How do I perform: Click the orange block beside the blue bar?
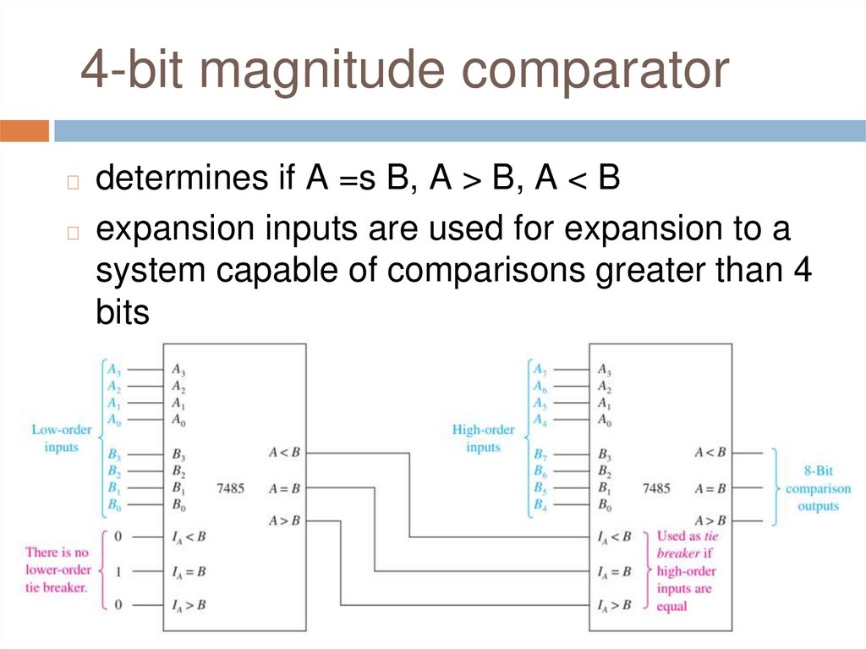[25, 131]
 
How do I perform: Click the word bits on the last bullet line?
[122, 313]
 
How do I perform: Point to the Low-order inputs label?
[61, 437]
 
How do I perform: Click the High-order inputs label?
[483, 437]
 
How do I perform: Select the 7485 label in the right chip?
[656, 488]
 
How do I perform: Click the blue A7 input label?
[538, 369]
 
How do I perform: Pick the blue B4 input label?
[538, 505]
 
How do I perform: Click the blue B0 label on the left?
[112, 505]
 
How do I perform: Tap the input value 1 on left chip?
[118, 572]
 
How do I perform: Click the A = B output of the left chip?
[284, 488]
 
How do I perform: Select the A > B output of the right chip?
[710, 520]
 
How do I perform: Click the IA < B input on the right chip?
[614, 536]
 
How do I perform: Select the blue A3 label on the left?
[112, 369]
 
